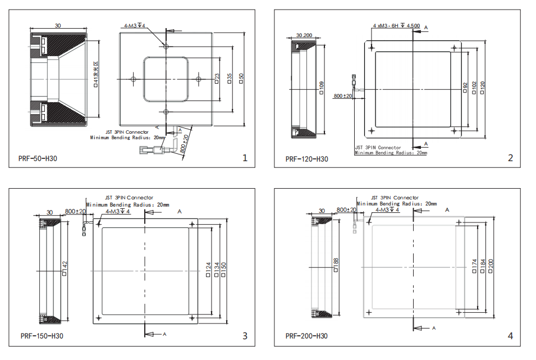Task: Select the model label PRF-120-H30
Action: pos(306,159)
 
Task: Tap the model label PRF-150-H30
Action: pos(42,336)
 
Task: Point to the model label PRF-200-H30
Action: pos(306,336)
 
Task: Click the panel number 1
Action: pos(245,158)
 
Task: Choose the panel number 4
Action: pos(510,336)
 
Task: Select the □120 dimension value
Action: pos(483,88)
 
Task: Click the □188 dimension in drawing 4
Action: pos(335,265)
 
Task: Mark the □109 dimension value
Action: pos(321,89)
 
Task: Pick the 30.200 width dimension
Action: pos(304,35)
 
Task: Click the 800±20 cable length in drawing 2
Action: pos(342,96)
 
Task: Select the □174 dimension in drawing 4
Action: pos(475,266)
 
